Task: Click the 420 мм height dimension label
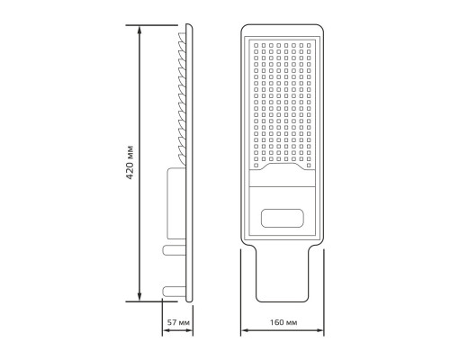click(130, 163)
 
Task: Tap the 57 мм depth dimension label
click(178, 322)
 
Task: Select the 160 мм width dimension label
click(283, 322)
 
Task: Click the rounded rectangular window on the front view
click(283, 218)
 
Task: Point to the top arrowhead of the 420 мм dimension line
click(139, 30)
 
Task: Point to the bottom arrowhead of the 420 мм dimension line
click(139, 297)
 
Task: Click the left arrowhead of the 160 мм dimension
click(245, 330)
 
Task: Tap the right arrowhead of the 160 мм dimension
click(319, 330)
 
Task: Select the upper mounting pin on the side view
click(174, 250)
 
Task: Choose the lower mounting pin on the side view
click(174, 291)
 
